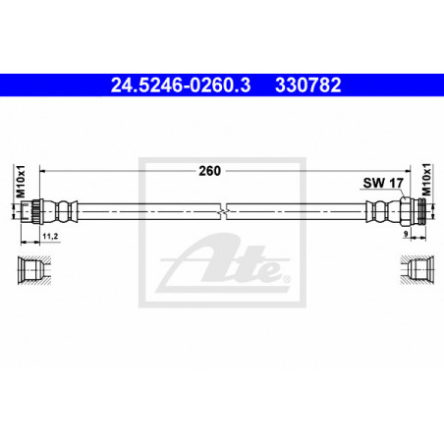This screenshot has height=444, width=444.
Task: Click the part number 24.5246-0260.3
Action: pos(181,85)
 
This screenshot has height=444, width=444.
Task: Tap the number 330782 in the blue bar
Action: pos(308,85)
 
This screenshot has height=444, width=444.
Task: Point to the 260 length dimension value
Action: pos(209,171)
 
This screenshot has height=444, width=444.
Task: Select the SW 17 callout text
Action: pos(383,183)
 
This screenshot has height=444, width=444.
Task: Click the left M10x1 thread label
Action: pos(21,182)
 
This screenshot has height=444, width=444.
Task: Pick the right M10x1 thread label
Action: pos(426,180)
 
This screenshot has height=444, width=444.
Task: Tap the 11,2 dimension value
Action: pos(50,236)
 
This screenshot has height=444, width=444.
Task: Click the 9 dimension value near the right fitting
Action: pos(406,234)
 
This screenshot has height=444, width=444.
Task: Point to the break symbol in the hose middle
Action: pos(223,211)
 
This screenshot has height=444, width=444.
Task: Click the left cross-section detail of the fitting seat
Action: pos(34,270)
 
